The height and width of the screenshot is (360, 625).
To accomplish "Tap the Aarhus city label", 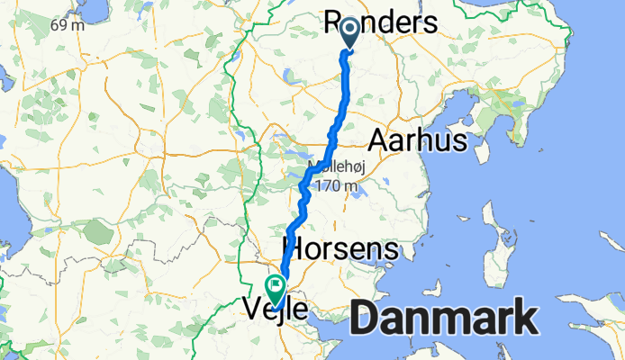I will tap(416, 140).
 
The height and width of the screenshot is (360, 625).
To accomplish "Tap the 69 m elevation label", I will tap(68, 25).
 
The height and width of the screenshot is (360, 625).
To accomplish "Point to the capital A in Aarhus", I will tap(379, 140).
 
